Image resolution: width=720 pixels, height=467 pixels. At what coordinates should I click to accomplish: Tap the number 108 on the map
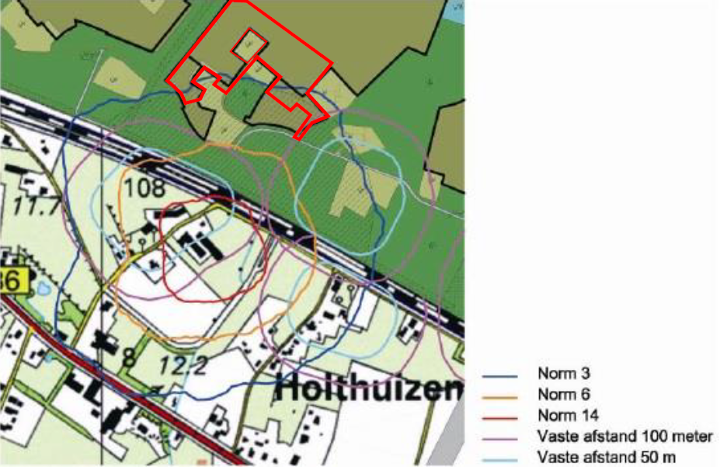[144, 187]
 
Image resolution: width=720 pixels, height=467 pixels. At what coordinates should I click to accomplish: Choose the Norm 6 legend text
[558, 394]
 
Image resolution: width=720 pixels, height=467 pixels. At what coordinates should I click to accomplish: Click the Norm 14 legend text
[562, 415]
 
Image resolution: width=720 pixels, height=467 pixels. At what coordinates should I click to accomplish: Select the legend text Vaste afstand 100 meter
[624, 436]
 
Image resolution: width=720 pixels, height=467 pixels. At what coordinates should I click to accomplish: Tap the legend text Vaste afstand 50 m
[607, 457]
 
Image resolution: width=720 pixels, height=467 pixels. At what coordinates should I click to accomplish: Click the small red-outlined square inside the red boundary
[249, 44]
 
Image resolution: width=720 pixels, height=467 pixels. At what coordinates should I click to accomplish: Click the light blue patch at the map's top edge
[457, 9]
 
